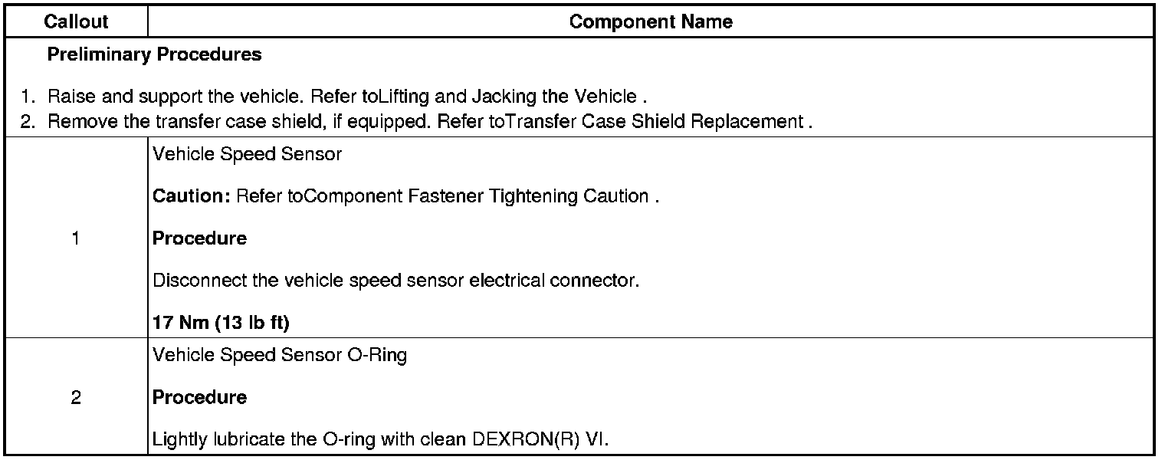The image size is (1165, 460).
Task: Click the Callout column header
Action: point(76,22)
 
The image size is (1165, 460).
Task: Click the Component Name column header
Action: point(651,22)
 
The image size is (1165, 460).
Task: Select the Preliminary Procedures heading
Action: point(154,55)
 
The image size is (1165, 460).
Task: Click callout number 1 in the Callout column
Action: point(75,238)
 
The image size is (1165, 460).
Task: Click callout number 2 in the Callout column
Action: point(75,398)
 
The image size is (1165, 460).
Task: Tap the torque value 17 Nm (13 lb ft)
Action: point(221,324)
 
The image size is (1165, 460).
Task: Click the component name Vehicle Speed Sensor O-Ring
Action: point(280,356)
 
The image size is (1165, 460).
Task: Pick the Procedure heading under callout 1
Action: point(199,238)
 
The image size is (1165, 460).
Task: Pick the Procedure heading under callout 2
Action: point(199,398)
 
